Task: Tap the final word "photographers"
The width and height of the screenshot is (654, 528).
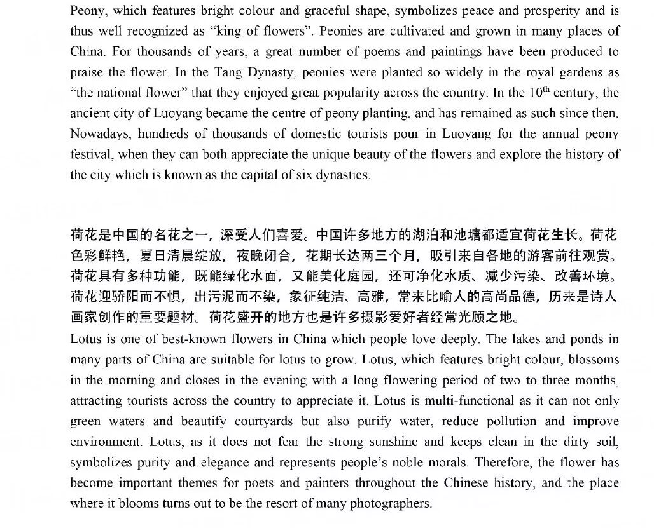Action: (391, 503)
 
